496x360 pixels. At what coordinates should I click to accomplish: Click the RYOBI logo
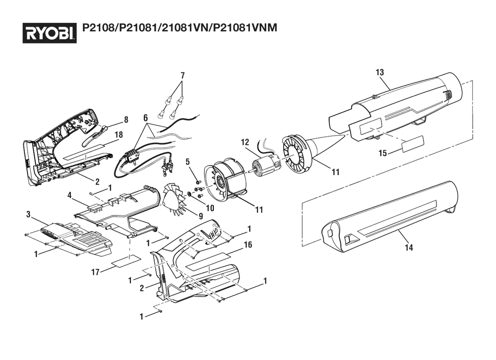click(x=49, y=33)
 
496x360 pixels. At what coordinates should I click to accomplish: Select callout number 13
click(x=379, y=72)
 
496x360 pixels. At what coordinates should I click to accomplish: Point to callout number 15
click(x=382, y=153)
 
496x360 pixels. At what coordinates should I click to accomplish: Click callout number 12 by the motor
click(x=245, y=142)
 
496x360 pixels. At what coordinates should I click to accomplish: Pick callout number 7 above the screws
click(x=182, y=75)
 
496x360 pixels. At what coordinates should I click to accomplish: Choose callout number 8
click(x=126, y=120)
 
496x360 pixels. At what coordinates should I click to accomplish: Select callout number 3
click(x=29, y=214)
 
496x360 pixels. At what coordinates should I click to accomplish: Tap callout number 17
click(x=96, y=272)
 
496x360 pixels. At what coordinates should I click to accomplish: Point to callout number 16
click(x=248, y=244)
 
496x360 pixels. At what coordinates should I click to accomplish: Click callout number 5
click(x=188, y=162)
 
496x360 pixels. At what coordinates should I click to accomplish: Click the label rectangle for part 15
click(x=412, y=145)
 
